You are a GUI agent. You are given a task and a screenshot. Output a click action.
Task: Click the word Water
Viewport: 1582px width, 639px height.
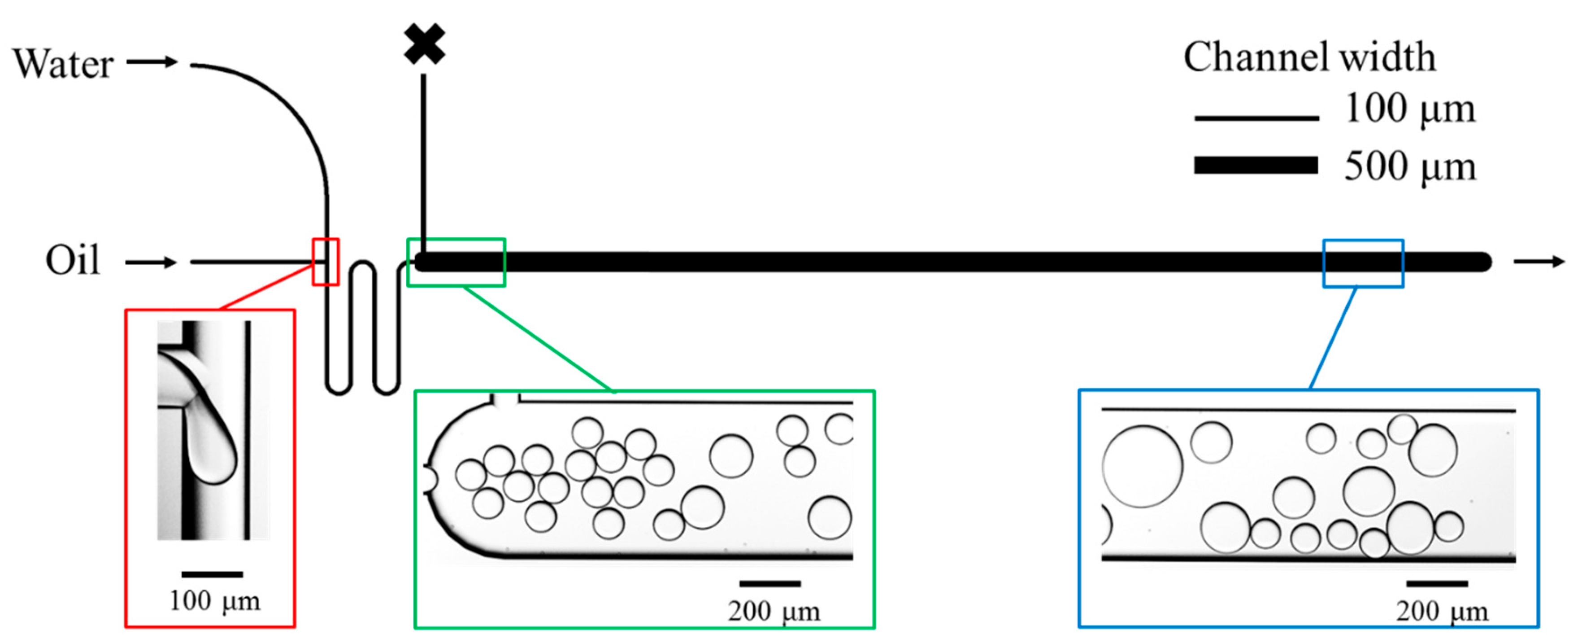[63, 64]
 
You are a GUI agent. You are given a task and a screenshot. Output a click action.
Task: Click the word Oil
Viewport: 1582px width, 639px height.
[73, 261]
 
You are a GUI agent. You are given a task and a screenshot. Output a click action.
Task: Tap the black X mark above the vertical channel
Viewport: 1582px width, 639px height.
[424, 44]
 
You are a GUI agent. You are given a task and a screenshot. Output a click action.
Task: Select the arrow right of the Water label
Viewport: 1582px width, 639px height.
[152, 61]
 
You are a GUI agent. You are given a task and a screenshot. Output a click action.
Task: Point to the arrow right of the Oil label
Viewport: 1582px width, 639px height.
[151, 263]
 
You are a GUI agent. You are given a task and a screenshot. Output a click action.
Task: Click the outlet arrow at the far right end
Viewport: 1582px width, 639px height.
[1539, 262]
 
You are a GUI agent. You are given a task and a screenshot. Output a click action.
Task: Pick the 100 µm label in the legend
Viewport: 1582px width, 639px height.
[1409, 109]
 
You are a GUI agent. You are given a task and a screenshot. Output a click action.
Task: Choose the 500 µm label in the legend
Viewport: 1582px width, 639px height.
[1409, 166]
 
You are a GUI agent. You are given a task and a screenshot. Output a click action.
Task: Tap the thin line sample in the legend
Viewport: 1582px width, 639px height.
[1256, 118]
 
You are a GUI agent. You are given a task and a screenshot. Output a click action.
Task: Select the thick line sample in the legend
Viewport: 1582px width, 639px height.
[1256, 165]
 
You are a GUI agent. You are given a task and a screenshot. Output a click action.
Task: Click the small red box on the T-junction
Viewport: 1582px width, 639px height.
[326, 262]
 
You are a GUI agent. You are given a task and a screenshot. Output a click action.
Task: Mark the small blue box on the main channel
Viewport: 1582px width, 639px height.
[1363, 263]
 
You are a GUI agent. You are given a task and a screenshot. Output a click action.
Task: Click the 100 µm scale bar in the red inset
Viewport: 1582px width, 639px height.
[212, 574]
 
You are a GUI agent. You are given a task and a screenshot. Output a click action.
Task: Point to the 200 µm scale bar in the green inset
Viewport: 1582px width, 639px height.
[769, 583]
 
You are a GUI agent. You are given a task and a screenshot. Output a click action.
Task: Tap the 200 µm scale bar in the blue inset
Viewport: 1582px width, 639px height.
[1437, 583]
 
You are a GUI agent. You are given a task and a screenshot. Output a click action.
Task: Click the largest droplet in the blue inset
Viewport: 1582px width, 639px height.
[1142, 466]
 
